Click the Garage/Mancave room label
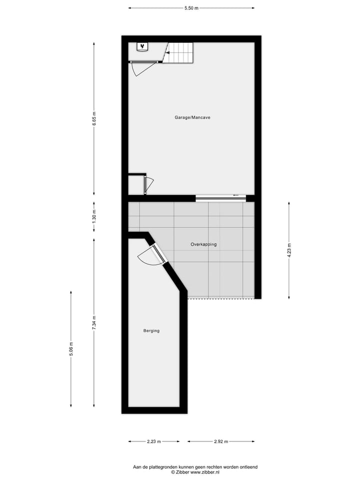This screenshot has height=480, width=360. [x=192, y=117]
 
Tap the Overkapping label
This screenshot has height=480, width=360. [x=203, y=244]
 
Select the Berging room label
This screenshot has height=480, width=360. [x=151, y=330]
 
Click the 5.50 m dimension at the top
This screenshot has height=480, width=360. [x=191, y=8]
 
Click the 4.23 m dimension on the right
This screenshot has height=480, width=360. [x=288, y=250]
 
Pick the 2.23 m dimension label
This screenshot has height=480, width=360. [x=154, y=441]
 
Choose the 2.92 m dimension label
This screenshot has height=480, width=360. [x=220, y=441]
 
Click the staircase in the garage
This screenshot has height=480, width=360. [x=180, y=52]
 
